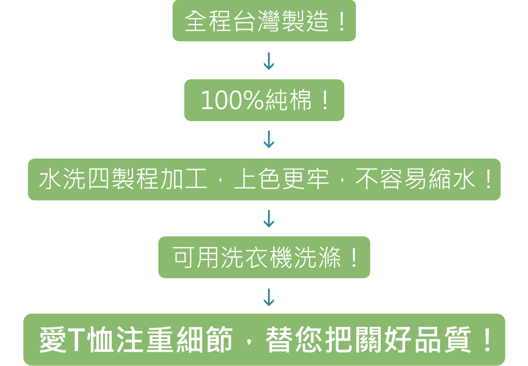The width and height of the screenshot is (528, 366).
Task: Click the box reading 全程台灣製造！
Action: tap(264, 21)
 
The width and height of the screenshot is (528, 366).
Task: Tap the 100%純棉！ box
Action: tap(264, 100)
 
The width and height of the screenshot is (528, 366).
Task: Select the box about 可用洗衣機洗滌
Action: tap(264, 257)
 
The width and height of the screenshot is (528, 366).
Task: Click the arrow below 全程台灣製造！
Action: tap(269, 60)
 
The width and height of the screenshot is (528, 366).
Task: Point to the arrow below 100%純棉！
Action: tap(269, 139)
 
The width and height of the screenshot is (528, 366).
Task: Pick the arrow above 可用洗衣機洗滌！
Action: tap(269, 219)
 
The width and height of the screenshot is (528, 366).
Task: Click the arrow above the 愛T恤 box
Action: tap(269, 297)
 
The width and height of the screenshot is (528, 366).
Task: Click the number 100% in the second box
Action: tap(232, 101)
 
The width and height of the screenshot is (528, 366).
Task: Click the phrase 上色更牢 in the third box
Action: tap(281, 180)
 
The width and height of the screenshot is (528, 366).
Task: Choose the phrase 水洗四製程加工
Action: tap(123, 180)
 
